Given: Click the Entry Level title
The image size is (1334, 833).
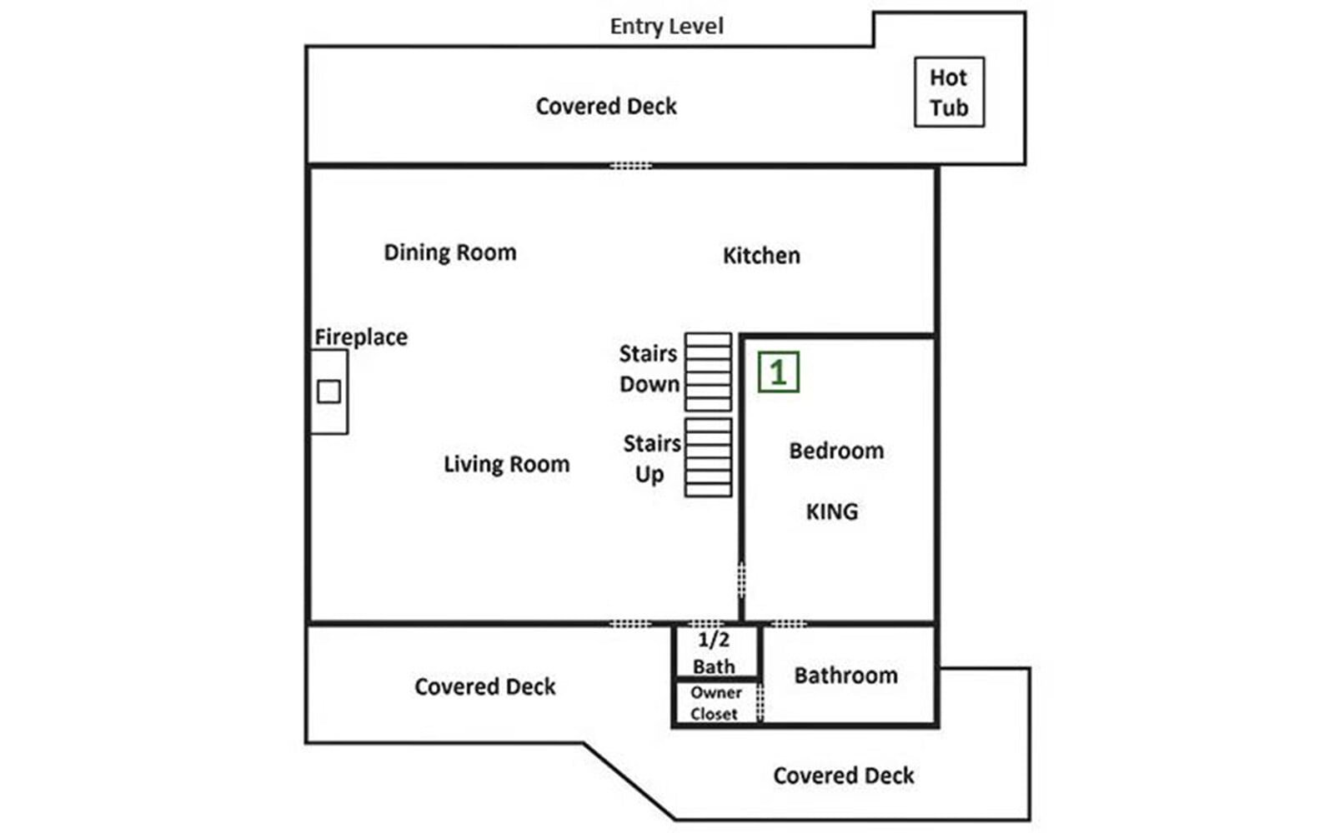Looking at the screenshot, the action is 666,27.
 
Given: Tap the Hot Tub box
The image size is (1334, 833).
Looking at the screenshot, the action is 950,92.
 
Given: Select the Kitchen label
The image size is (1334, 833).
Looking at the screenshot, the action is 761,256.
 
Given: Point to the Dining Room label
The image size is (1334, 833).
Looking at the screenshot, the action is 449,253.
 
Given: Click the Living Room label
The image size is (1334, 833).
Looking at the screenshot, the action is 506,464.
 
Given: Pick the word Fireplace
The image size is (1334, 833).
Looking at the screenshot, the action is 361,337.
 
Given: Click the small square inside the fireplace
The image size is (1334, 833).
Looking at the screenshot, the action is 328,392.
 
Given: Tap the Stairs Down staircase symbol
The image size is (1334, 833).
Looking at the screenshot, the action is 708,372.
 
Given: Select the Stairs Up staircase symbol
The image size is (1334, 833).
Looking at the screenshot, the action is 708,457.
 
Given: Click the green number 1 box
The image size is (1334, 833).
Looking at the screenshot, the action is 779,372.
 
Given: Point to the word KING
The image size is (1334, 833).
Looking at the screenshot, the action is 832,511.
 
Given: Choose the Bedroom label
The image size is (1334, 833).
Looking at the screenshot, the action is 836,451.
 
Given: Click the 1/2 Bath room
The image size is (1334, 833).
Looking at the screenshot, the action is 717,651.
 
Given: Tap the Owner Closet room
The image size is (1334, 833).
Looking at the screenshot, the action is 716,703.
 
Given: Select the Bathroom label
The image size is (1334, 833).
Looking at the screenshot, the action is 845,676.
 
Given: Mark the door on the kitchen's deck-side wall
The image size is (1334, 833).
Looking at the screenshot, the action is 630,166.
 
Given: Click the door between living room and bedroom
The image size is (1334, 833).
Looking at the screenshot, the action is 741,580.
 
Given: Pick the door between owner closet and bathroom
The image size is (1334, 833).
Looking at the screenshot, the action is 760,702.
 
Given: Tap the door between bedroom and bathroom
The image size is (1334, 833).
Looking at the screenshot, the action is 788,624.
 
